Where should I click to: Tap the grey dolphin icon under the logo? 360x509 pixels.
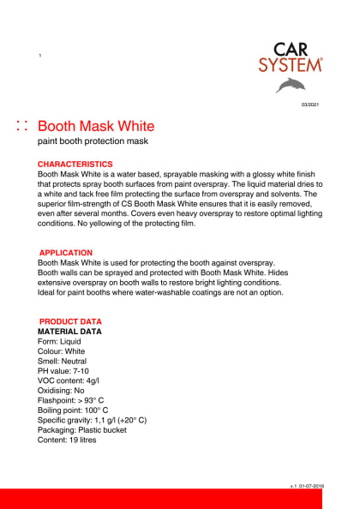[290, 84]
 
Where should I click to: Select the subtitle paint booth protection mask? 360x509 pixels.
[93, 145]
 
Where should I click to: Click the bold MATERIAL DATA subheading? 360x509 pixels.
[69, 331]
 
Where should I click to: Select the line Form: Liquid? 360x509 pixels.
[59, 341]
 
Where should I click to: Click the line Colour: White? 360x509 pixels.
[62, 351]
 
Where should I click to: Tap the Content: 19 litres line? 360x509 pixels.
[68, 440]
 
